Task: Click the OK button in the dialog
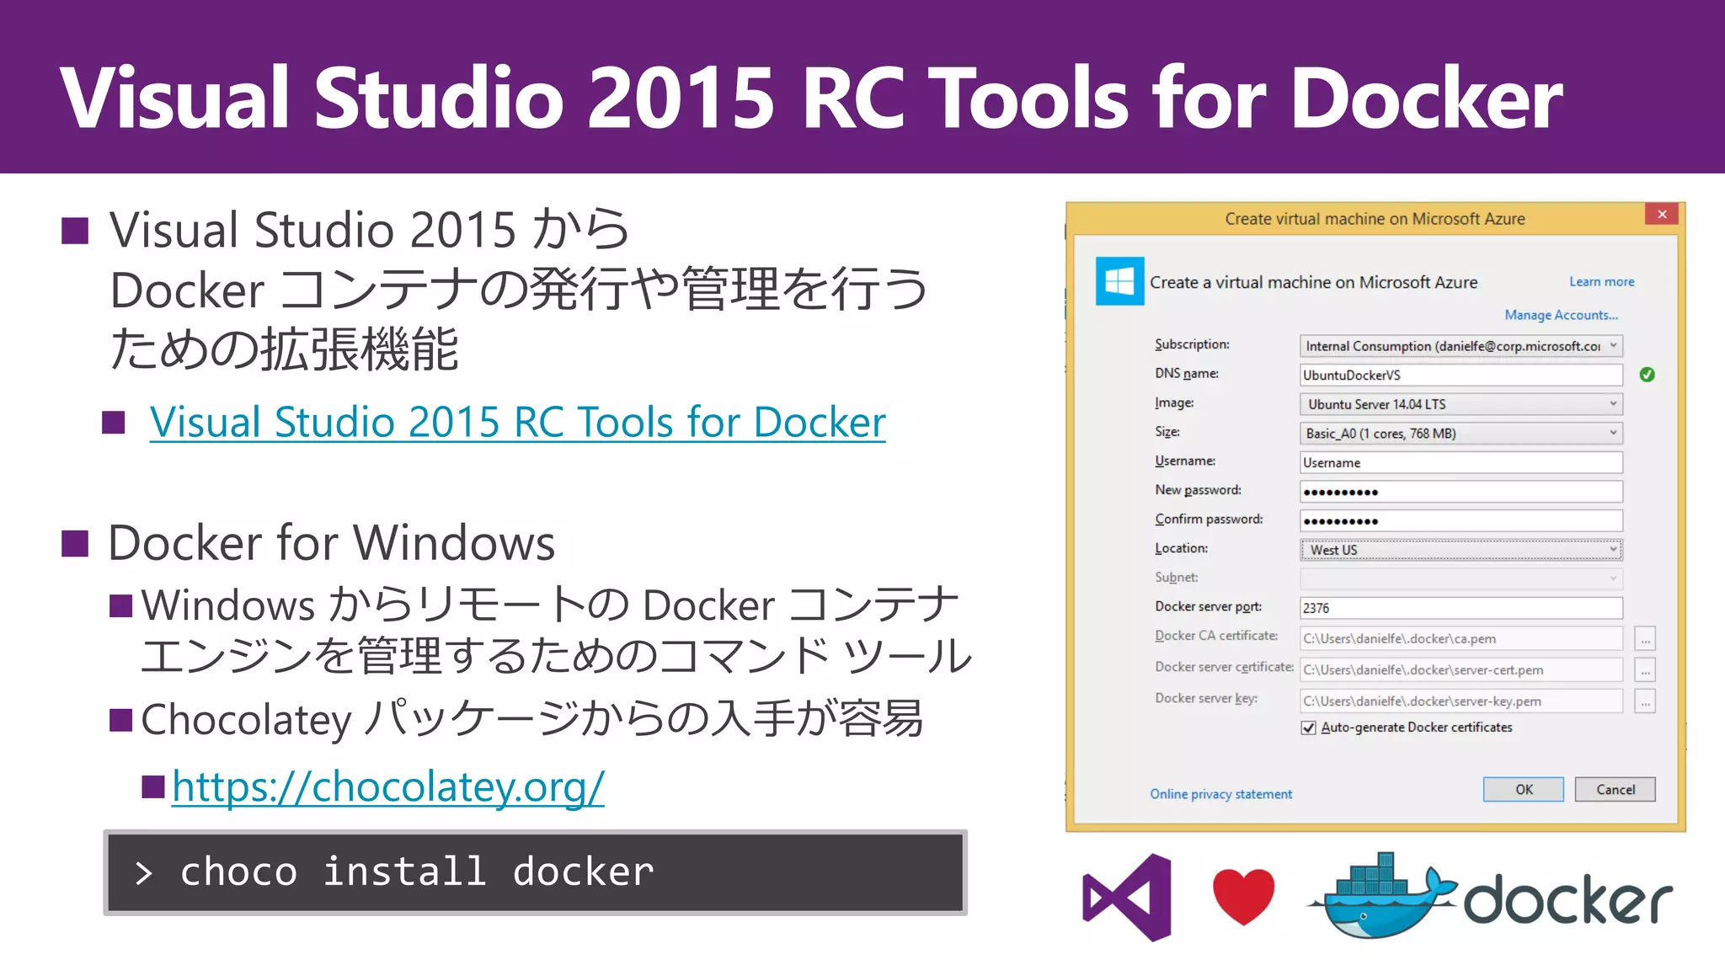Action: (1523, 789)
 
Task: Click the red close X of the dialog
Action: (1662, 214)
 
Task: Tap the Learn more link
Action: (1601, 282)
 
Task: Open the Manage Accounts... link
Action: (1561, 315)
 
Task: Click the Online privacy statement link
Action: (1220, 794)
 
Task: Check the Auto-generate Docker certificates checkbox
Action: (1308, 727)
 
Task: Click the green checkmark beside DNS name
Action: (1648, 375)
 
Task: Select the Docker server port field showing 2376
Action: (1461, 608)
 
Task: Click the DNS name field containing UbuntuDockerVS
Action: (1461, 376)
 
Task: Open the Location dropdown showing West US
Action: (1461, 550)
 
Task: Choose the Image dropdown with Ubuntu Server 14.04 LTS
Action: (1461, 404)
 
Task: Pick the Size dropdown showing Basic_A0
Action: (1461, 434)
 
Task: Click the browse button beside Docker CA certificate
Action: (1645, 639)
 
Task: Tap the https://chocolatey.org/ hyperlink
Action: (388, 787)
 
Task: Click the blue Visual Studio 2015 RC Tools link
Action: (517, 422)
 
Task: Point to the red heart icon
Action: (1243, 895)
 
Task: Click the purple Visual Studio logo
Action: (1127, 897)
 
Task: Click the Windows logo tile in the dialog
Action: (1119, 281)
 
